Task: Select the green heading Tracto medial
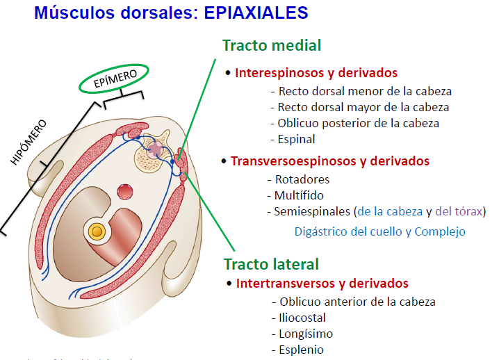pos(272,46)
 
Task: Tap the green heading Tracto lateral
pos(271,264)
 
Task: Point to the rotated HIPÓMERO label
pos(28,142)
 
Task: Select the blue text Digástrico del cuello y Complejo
pos(379,231)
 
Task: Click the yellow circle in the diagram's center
pos(97,231)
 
